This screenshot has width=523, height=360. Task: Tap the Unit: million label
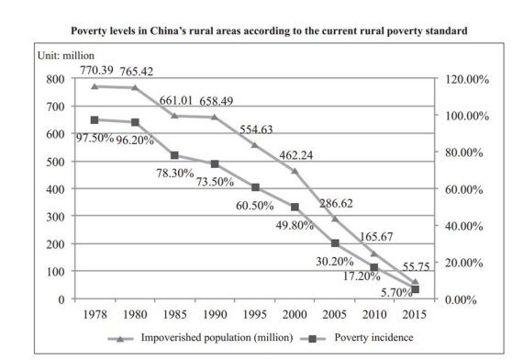point(76,57)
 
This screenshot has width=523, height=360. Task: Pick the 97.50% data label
point(94,138)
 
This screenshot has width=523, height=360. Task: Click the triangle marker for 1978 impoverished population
point(95,86)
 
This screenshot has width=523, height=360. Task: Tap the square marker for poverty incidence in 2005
point(335,243)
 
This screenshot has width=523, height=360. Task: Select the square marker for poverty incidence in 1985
point(175,155)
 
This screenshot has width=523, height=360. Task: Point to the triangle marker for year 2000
point(295,171)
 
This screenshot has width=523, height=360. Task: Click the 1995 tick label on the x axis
point(255,313)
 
